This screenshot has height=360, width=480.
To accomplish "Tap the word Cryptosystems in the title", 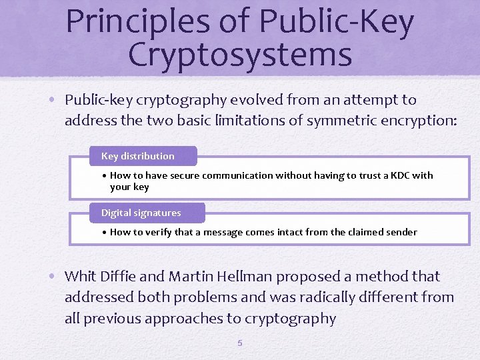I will (240, 55).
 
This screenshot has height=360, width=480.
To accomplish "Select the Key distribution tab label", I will (138, 156).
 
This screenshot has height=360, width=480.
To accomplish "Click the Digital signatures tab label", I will (141, 213).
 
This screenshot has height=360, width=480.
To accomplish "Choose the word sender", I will (401, 232).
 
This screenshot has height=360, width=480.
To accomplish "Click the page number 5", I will (240, 343).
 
